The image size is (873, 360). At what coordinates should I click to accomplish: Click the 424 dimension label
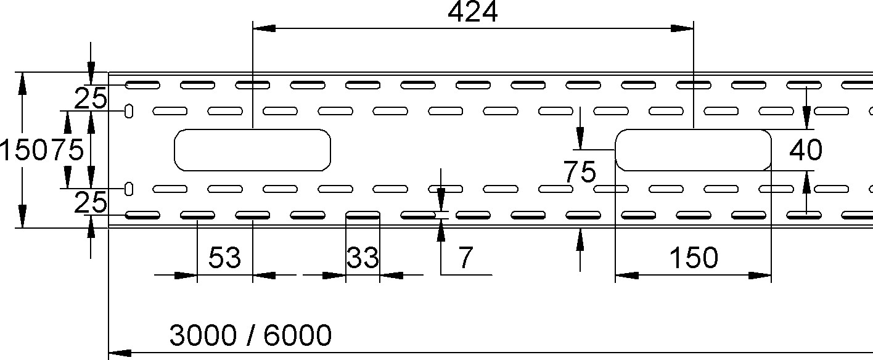(472, 12)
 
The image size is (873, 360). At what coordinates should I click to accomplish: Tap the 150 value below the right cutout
(694, 258)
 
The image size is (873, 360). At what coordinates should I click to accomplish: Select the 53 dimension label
(225, 258)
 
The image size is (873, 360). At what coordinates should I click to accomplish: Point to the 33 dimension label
(363, 258)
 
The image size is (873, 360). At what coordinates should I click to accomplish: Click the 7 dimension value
(465, 258)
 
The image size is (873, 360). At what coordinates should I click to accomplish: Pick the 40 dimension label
(806, 150)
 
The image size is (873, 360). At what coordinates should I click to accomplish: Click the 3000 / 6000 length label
(250, 335)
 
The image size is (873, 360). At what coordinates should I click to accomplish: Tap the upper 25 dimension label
(90, 98)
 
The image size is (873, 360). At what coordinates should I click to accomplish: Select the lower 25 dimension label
(90, 202)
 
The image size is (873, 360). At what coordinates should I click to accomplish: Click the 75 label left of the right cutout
(580, 171)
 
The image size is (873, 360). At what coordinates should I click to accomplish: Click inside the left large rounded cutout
(252, 150)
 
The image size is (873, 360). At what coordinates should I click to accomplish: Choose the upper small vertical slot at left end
(129, 111)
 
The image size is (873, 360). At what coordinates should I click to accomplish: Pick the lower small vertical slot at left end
(129, 189)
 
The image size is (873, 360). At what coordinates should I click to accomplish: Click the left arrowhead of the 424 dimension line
(264, 28)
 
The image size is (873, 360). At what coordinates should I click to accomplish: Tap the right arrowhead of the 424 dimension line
(682, 28)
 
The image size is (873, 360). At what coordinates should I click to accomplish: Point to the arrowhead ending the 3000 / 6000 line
(120, 353)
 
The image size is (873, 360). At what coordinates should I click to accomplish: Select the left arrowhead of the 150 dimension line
(626, 276)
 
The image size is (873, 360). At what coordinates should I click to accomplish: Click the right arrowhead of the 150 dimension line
(760, 276)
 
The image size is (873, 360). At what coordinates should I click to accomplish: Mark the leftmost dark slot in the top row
(142, 85)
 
